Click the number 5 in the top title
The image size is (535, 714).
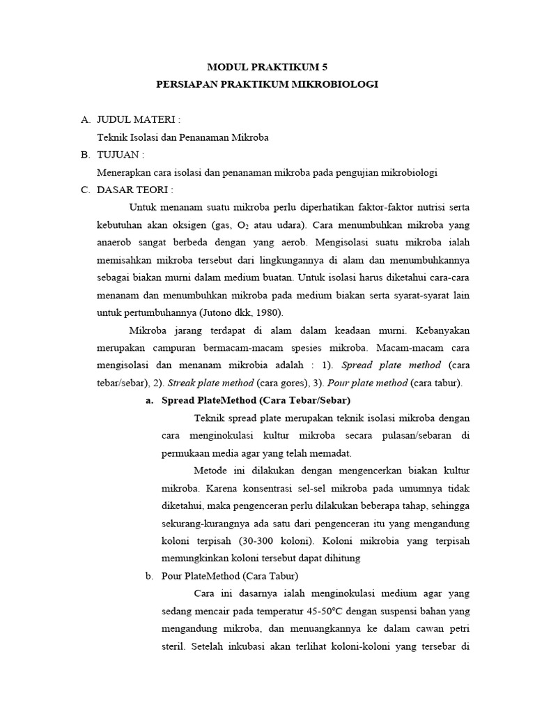click(323, 67)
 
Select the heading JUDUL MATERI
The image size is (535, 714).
click(136, 120)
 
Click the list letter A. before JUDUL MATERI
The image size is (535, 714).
click(86, 120)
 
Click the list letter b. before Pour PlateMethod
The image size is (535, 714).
click(148, 575)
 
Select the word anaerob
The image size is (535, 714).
click(118, 243)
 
